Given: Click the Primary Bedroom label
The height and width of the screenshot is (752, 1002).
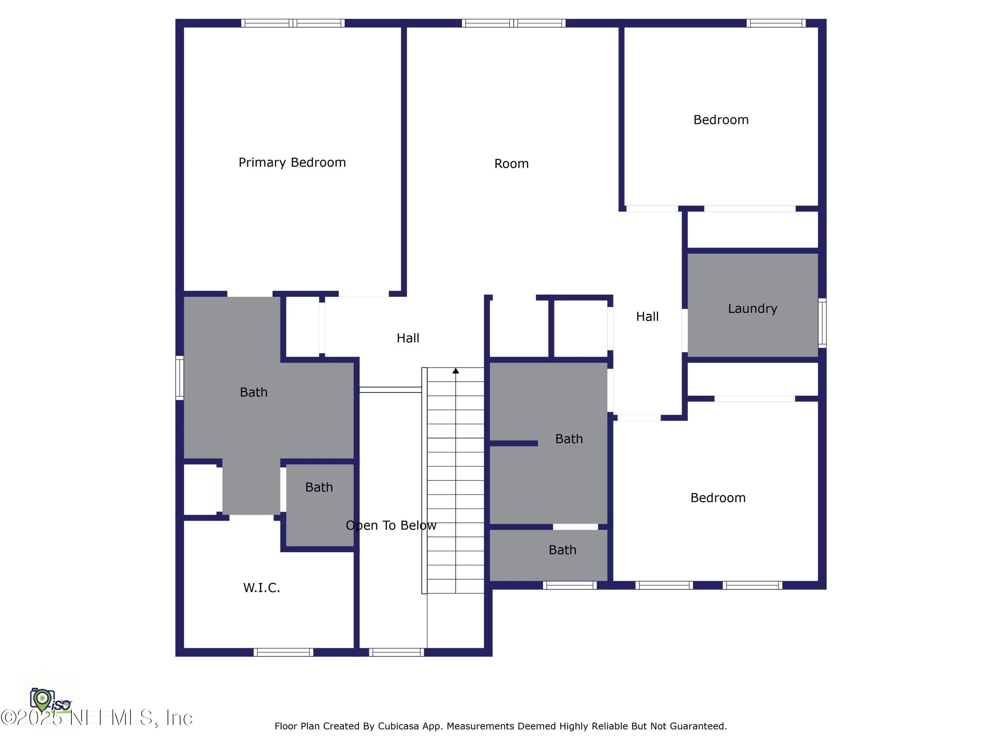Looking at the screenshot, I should (x=292, y=162).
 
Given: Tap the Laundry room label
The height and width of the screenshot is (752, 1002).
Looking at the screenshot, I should (x=753, y=309).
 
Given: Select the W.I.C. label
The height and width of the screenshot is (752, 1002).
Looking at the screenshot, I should (x=262, y=588).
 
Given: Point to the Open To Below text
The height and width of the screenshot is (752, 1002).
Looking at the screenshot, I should (x=391, y=525).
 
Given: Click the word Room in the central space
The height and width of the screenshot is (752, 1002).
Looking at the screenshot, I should (x=511, y=164).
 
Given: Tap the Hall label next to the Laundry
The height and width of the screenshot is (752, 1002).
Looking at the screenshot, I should (x=647, y=317).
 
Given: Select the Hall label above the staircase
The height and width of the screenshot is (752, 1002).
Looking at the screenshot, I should (x=408, y=338).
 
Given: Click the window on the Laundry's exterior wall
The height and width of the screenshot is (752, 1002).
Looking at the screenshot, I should (x=822, y=323).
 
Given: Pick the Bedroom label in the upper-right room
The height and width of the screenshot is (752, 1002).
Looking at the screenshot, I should (x=721, y=120).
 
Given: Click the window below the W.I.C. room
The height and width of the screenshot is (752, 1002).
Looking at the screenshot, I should (x=283, y=652).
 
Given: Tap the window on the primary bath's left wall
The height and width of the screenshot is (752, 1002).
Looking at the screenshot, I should (x=180, y=378).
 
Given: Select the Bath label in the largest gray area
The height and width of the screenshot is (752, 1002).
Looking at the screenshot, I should (x=254, y=392).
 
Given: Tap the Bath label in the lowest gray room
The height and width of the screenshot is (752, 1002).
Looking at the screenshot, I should (x=562, y=550).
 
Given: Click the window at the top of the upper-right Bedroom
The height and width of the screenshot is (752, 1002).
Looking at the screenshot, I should (x=776, y=23).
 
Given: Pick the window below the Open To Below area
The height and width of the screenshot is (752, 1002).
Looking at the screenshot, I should (x=396, y=652).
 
